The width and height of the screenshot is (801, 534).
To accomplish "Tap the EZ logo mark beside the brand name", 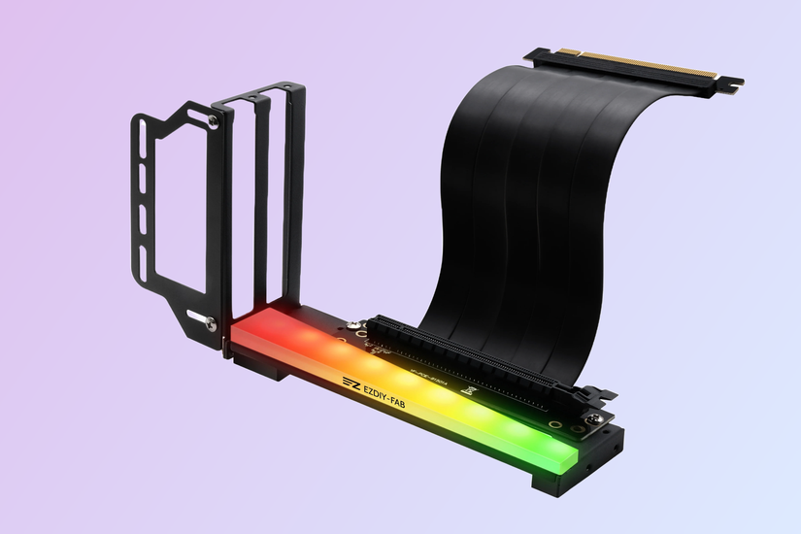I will click(350, 382).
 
